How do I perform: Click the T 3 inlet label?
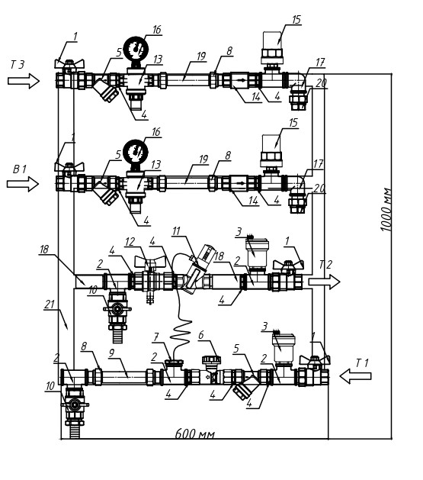pos(18,65)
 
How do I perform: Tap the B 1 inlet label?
pos(20,169)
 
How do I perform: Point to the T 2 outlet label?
pos(325,265)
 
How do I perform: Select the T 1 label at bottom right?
pos(362,363)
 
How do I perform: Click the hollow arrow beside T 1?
pos(355,376)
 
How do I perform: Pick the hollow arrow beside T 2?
pos(324,282)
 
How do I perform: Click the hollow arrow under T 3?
pos(24,81)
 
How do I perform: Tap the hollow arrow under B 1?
pos(23,184)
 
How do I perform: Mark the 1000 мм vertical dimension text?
pos(386,209)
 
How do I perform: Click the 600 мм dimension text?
pos(195,433)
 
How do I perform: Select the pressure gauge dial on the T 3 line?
pos(136,49)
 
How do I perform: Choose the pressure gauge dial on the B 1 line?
pos(136,152)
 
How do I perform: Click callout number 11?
pos(176,231)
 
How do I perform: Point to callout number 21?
pos(50,304)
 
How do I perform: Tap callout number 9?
pos(112,353)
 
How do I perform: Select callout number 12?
pos(130,242)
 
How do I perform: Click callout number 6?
pos(200,335)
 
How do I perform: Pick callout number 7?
pos(156,337)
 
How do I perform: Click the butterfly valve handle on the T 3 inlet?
pos(69,63)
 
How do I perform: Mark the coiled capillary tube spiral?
pos(181,333)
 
